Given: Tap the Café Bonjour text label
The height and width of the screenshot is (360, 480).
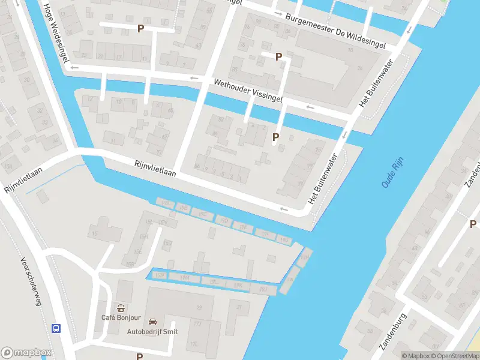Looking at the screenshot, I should pyautogui.click(x=121, y=317).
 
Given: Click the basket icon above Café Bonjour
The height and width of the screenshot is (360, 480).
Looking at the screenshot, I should pyautogui.click(x=121, y=307).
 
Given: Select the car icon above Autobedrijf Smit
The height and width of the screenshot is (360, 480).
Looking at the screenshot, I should pyautogui.click(x=152, y=322).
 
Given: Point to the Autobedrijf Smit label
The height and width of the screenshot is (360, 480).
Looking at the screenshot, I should pyautogui.click(x=152, y=331).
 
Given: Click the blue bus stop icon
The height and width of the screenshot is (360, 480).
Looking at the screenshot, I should pyautogui.click(x=56, y=328).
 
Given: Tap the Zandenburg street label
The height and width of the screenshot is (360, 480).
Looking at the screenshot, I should pyautogui.click(x=394, y=331).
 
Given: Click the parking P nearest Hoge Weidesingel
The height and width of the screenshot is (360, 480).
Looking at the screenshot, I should pyautogui.click(x=140, y=28).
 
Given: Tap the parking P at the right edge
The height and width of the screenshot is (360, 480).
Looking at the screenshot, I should pyautogui.click(x=473, y=224).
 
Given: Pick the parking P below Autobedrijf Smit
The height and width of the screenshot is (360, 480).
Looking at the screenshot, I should pyautogui.click(x=140, y=356).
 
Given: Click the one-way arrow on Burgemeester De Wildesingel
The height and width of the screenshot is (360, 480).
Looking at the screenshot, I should pyautogui.click(x=277, y=13).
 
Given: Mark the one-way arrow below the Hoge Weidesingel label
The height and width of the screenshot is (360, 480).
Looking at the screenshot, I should pyautogui.click(x=74, y=68).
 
